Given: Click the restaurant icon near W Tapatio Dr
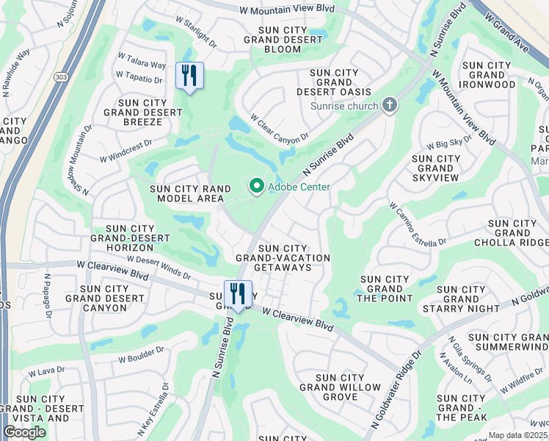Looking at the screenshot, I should pos(189,76).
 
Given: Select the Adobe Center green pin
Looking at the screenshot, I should pos(256,187).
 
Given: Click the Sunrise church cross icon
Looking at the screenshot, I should pos(389,106).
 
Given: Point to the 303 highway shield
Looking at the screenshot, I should pos(60,76).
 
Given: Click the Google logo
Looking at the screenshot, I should pos(24,431).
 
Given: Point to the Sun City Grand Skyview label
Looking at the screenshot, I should pos(437,168).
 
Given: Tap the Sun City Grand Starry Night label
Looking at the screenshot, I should pos(461,299).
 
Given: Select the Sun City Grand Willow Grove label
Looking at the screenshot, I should pos(340,387).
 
